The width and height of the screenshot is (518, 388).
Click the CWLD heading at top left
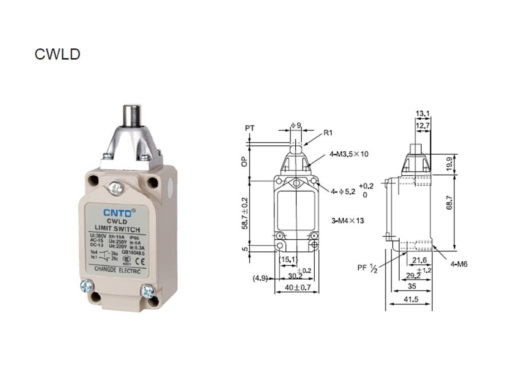coord(57,54)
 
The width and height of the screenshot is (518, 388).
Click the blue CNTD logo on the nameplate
coord(114,212)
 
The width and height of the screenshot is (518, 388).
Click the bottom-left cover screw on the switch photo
coord(87,287)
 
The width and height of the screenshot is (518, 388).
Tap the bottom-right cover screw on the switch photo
coord(148,292)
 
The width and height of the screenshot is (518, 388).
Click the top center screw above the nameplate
coord(114,188)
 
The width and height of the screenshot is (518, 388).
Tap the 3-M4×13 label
coord(347,221)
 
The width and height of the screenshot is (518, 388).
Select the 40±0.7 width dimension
coord(297,288)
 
